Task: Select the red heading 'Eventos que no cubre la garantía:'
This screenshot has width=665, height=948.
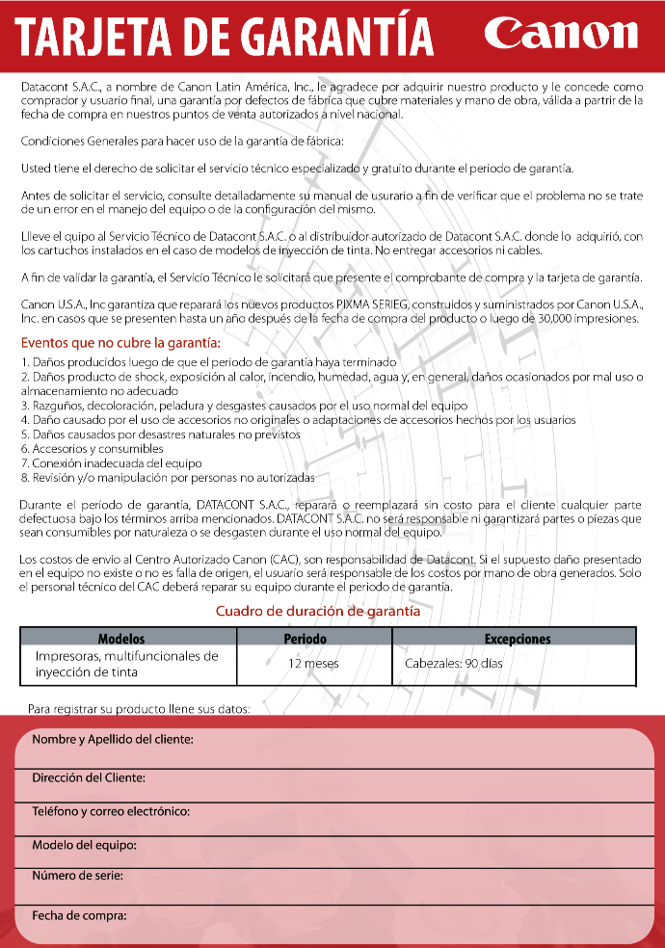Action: tap(120, 342)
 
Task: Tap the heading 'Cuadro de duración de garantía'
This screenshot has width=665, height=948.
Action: tap(317, 611)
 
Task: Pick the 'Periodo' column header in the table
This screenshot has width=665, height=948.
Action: tap(305, 639)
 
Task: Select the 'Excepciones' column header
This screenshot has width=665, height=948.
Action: tap(517, 639)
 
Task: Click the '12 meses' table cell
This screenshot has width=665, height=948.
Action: tap(313, 664)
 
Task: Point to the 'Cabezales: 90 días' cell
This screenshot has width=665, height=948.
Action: tap(453, 664)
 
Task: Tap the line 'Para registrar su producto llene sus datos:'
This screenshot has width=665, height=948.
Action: tap(139, 708)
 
